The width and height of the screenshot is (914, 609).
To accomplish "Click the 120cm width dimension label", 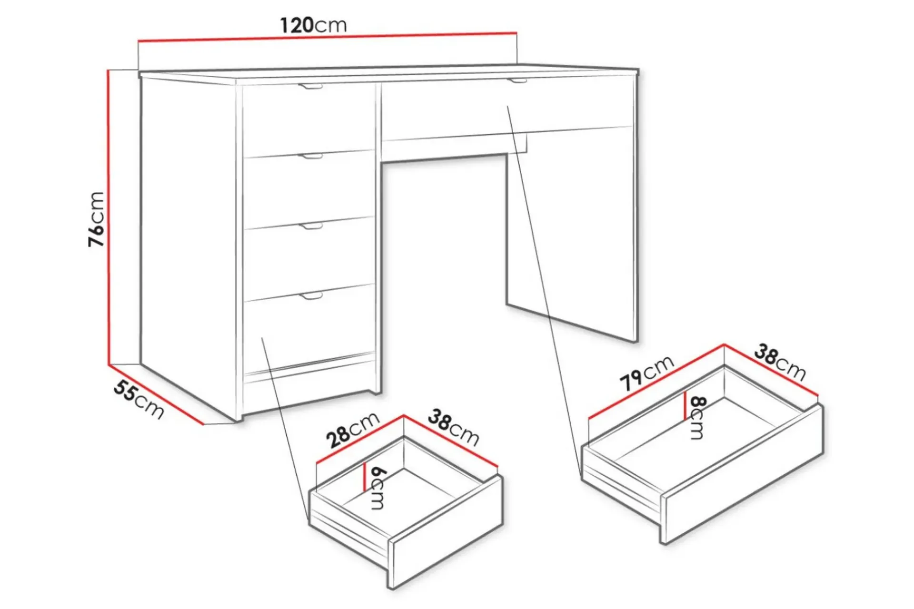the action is coord(313,25).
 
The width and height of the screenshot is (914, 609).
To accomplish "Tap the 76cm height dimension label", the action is coord(96,219).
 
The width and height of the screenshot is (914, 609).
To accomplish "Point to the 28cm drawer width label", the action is coord(353,430).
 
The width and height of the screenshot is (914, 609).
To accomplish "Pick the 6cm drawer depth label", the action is coord(378,488).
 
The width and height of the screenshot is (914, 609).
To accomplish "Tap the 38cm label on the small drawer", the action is coord(453,427).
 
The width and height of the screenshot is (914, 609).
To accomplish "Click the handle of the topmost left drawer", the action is coord(310,87).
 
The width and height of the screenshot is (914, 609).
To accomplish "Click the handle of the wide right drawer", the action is coord(517,80).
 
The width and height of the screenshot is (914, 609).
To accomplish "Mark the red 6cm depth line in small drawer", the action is coord(364,477).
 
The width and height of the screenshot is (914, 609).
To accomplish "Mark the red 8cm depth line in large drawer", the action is coord(685,406).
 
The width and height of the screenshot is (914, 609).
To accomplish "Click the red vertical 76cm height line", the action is coord(109,217).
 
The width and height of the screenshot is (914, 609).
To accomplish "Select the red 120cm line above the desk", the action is coord(327,37).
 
